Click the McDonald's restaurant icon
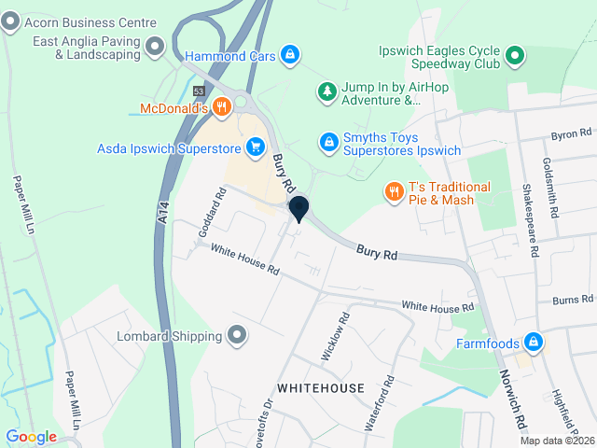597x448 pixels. click(x=221, y=107)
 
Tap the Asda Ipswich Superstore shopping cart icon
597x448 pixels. click(x=255, y=147)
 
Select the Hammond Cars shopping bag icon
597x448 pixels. click(x=290, y=55)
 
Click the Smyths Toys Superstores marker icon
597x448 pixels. click(x=327, y=141)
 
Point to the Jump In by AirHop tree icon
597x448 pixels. click(x=326, y=90)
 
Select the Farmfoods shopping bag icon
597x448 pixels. click(x=533, y=342)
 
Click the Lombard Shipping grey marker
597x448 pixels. click(x=237, y=335)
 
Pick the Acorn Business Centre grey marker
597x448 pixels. click(x=10, y=24)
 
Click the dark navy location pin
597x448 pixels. click(x=298, y=208)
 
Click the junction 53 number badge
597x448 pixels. click(x=199, y=91)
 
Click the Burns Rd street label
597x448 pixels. click(x=573, y=300)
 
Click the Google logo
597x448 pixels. click(x=31, y=437)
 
